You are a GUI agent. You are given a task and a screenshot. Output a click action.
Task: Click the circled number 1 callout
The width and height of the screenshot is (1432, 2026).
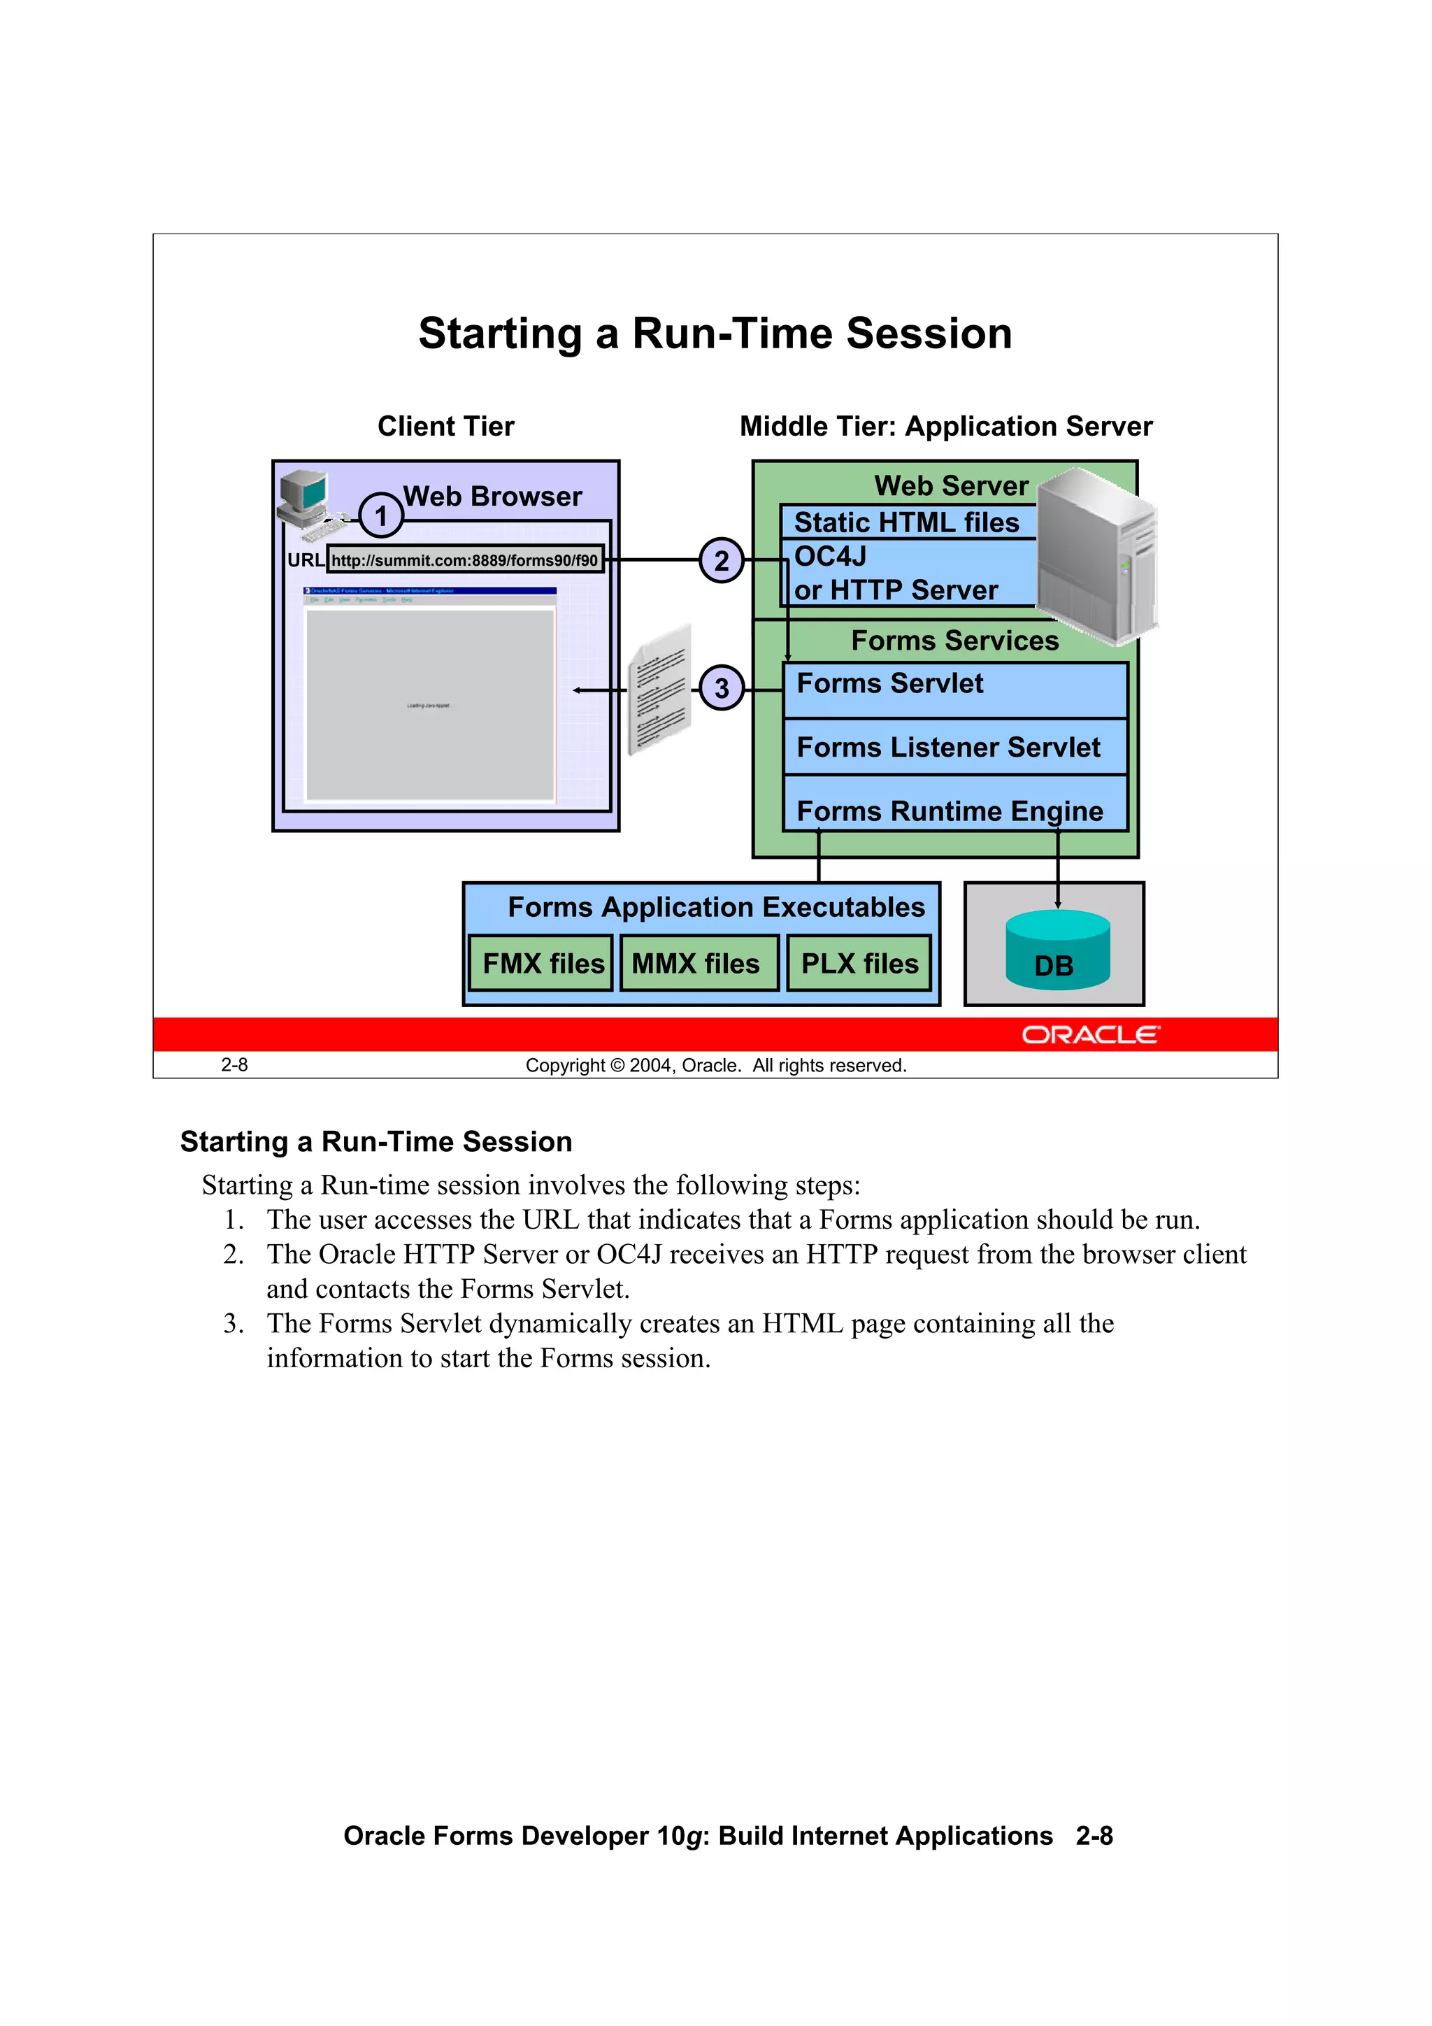381,515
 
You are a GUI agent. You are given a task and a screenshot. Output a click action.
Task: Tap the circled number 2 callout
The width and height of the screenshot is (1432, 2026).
722,560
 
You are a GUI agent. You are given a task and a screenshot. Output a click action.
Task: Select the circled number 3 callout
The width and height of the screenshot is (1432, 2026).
722,687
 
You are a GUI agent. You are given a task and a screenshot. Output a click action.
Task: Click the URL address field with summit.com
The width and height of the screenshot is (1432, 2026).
465,560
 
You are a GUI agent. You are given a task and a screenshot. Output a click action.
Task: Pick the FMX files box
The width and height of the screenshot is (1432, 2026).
542,963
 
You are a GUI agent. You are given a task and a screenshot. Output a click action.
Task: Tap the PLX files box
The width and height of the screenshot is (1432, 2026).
859,963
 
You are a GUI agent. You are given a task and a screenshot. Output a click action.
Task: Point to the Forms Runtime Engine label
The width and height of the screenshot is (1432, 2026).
950,811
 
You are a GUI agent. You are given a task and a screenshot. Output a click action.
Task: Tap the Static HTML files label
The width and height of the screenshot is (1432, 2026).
906,522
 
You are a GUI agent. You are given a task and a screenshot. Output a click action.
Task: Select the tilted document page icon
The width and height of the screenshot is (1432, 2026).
659,689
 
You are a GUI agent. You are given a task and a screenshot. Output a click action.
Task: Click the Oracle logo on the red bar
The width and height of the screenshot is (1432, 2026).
1091,1034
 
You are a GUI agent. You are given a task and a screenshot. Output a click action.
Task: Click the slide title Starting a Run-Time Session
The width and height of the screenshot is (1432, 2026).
715,334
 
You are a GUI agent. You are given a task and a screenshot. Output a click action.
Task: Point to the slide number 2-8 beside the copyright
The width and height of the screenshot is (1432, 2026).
235,1065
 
